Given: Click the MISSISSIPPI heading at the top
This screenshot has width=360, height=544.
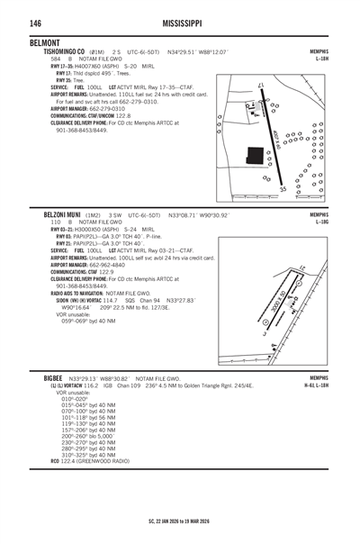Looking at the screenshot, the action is pyautogui.click(x=187, y=23).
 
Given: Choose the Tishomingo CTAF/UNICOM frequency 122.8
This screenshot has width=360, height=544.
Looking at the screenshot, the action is pyautogui.click(x=116, y=115).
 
